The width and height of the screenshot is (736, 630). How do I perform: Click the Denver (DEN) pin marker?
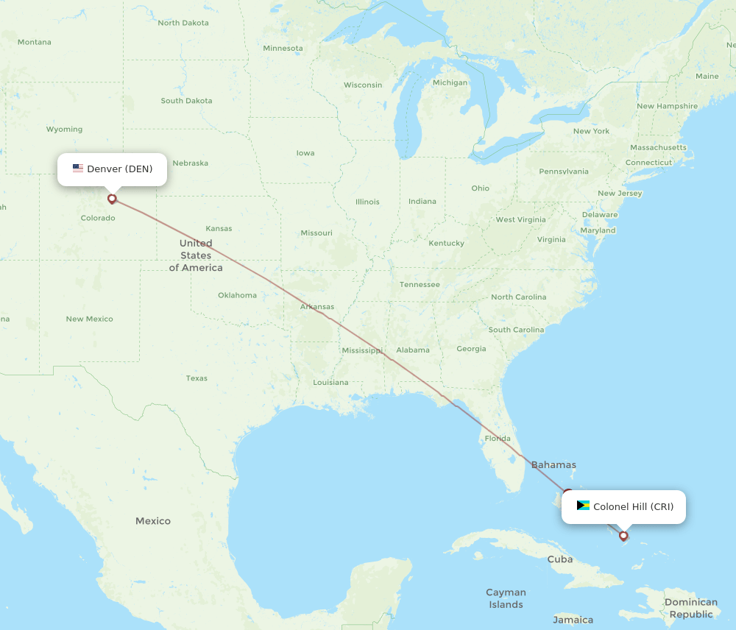point(112,198)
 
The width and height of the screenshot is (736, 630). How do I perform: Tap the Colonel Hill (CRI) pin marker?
point(623,535)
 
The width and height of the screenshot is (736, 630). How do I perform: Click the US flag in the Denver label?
point(78,169)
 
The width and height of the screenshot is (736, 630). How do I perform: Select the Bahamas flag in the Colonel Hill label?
point(583,506)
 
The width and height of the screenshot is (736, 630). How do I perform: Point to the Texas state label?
point(197,378)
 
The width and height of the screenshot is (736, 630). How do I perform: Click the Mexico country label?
point(153,521)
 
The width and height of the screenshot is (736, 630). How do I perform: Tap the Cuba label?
point(559,559)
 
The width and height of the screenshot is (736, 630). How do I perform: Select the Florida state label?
point(498,439)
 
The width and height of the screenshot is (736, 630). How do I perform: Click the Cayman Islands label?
point(506,598)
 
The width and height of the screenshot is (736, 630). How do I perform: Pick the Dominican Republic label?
point(690,608)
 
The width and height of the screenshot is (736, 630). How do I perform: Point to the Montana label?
point(35,42)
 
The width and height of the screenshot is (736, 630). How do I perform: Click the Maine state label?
point(707,77)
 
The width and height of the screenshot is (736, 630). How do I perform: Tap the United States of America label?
point(196,255)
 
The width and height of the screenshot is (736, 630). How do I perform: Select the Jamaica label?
point(573,620)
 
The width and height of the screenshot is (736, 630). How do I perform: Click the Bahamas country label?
point(553,465)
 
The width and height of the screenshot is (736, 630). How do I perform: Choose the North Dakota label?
point(183,23)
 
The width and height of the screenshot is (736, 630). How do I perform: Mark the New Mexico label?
point(89,319)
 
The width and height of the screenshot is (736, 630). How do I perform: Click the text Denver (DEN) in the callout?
point(120,169)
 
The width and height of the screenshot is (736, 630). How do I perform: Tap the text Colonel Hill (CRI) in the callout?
point(633,506)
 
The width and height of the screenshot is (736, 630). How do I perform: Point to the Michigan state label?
point(450,82)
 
